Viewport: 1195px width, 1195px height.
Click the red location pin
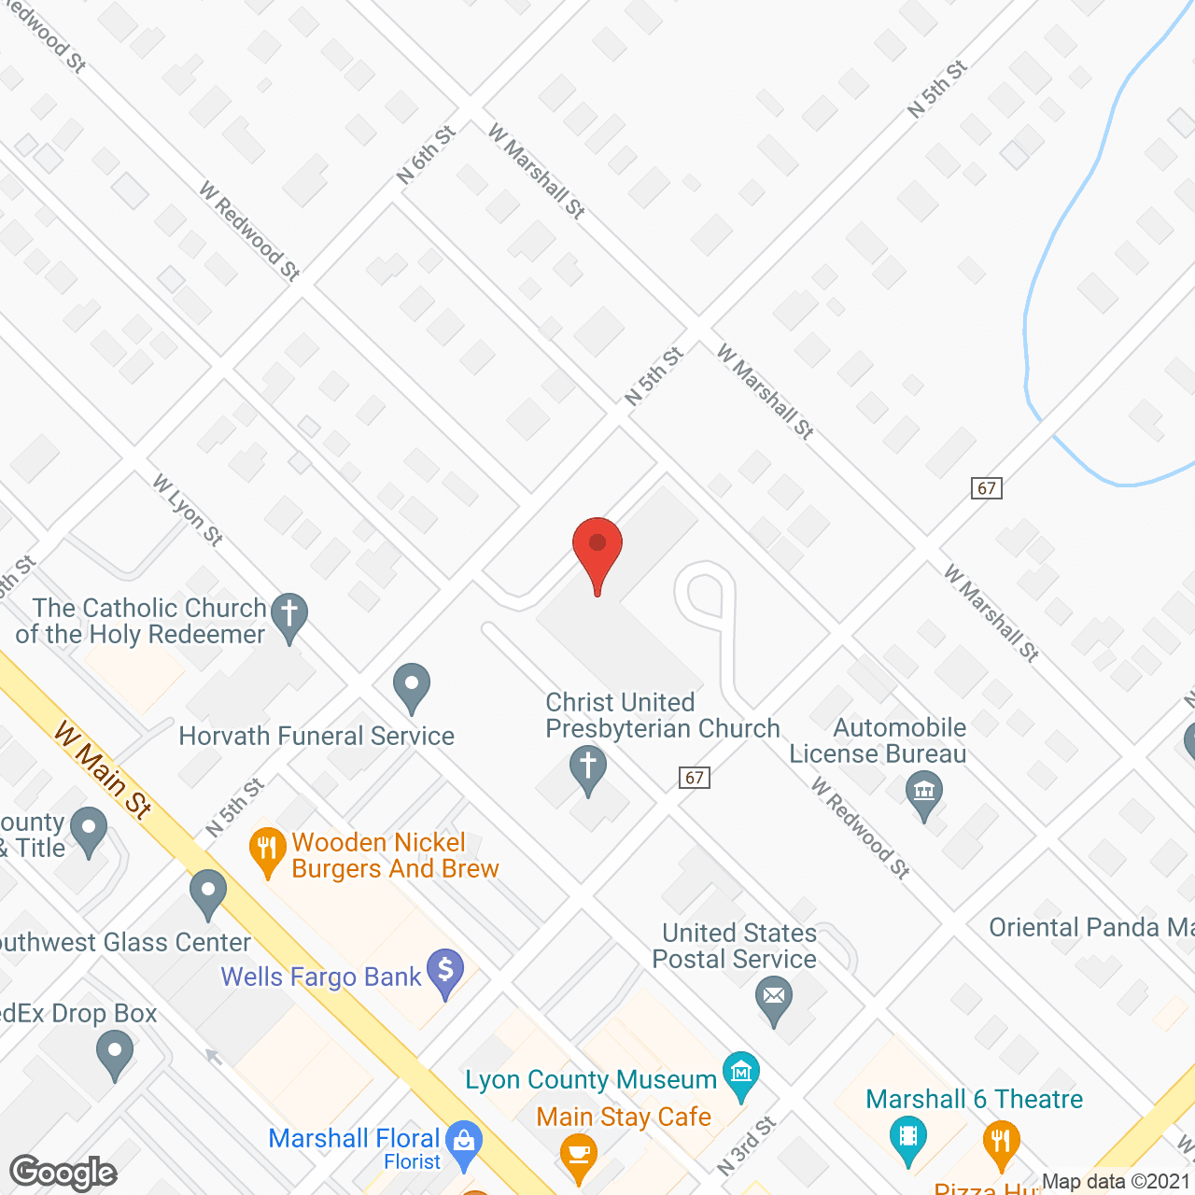[x=597, y=546]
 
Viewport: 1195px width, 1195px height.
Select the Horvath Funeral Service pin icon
[x=411, y=685]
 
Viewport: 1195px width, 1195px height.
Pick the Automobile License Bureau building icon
[x=924, y=793]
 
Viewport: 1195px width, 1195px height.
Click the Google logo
[x=63, y=1173]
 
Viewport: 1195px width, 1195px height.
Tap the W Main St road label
[x=103, y=769]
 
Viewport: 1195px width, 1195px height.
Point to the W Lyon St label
[x=188, y=510]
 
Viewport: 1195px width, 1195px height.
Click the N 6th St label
[x=426, y=155]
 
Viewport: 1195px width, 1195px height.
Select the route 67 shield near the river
[x=987, y=488]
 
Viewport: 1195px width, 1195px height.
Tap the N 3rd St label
[x=746, y=1146]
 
